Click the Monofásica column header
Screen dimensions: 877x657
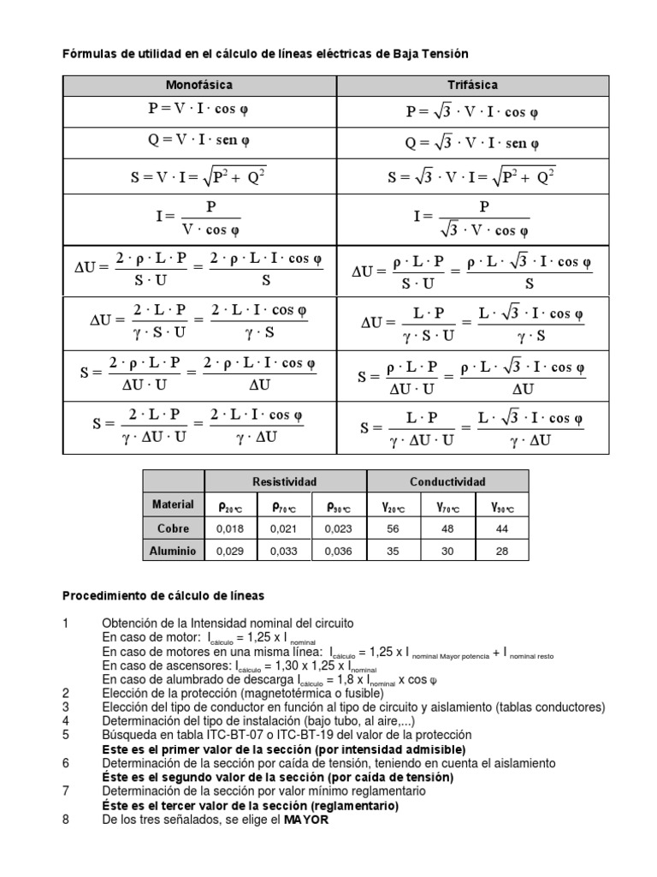(x=198, y=86)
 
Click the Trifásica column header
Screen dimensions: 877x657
(x=472, y=86)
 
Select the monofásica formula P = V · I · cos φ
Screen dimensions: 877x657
(x=198, y=110)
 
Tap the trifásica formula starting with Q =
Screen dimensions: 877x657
(x=472, y=142)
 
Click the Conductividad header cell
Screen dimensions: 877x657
(x=447, y=482)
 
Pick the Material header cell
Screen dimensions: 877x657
(x=173, y=505)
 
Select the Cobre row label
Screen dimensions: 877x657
(x=173, y=528)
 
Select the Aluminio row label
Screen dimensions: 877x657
(x=173, y=551)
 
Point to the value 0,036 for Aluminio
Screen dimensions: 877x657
(x=339, y=551)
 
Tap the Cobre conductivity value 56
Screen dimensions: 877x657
(x=394, y=528)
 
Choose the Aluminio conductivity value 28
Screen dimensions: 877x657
(x=502, y=551)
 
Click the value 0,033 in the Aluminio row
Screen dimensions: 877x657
(x=285, y=551)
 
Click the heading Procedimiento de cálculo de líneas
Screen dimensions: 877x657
(x=164, y=595)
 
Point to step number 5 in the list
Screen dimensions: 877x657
(x=66, y=735)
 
